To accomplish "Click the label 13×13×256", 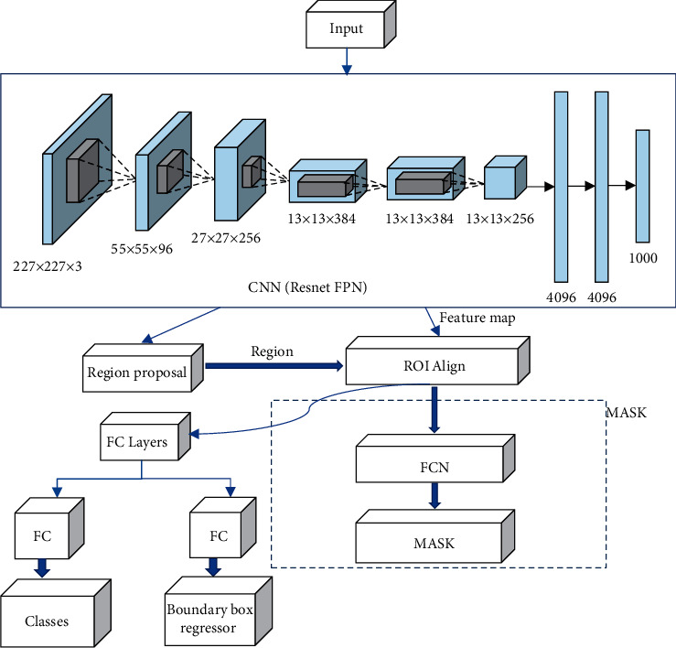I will pos(499,219).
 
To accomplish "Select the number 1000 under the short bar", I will pos(642,259).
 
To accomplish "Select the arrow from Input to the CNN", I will pos(346,60).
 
